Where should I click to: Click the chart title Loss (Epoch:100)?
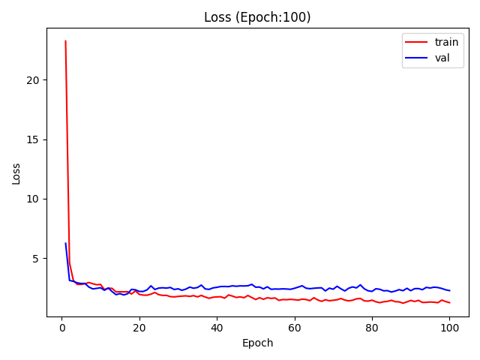point(257,17)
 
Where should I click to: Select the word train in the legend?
point(446,42)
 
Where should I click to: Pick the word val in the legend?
point(442,58)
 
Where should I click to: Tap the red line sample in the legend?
point(416,42)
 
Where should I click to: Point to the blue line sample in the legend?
point(416,58)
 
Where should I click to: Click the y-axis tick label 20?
point(33,80)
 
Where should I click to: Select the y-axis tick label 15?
point(33,139)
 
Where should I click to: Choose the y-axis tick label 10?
point(33,199)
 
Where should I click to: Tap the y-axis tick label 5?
point(36,259)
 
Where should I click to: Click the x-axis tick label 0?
point(62,328)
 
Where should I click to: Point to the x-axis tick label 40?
point(217,328)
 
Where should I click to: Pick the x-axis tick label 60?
point(295,328)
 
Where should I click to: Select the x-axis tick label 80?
point(372,328)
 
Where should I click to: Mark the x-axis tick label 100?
point(449,328)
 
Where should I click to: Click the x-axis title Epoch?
point(257,343)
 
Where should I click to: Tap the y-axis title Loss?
point(16,174)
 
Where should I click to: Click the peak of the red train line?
point(65,40)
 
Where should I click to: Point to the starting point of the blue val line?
point(65,243)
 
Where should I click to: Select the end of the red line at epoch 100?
point(450,303)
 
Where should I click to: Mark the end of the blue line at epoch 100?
point(450,290)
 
